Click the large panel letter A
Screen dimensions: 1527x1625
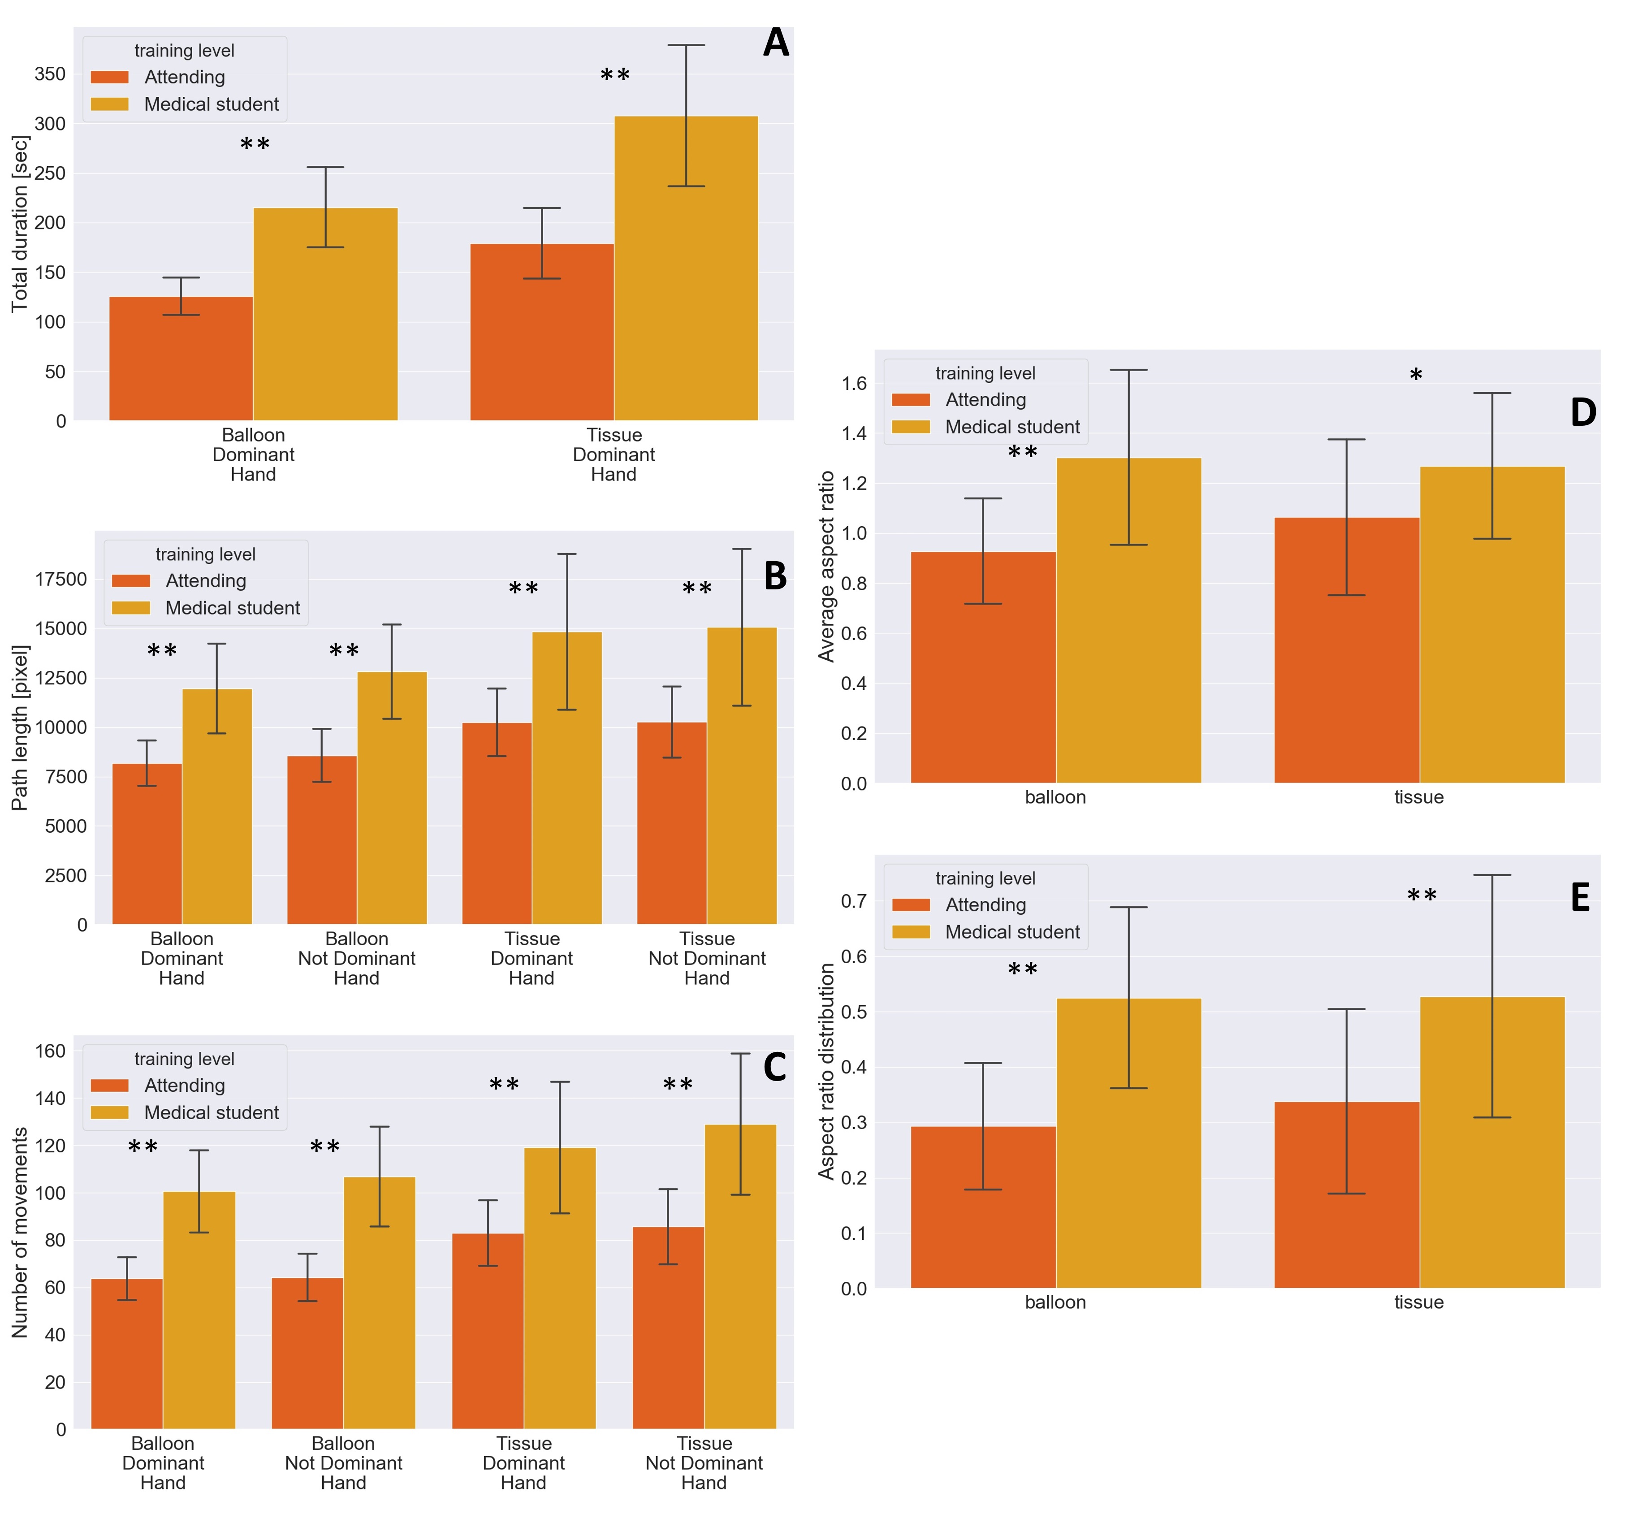(x=776, y=43)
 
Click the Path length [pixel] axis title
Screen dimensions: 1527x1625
(x=20, y=727)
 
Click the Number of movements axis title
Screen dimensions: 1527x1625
(x=20, y=1233)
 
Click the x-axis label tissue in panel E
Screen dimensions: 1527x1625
(x=1419, y=1302)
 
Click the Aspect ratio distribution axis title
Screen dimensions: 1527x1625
(x=826, y=1071)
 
